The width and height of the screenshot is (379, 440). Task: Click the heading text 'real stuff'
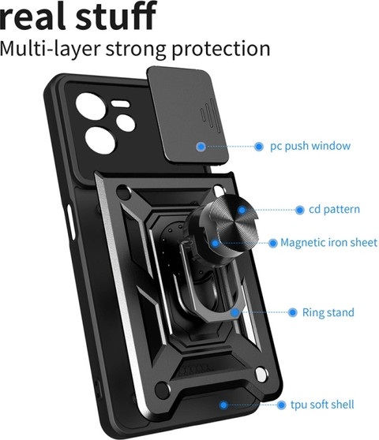(78, 16)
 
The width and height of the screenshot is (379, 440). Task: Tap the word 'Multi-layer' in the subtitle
(50, 49)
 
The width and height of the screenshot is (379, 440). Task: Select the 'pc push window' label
(310, 146)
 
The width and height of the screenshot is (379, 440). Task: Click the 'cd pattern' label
(334, 209)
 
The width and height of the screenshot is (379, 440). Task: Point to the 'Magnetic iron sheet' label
(328, 242)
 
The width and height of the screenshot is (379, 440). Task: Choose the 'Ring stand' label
(328, 312)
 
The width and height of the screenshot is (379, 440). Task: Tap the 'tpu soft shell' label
(322, 405)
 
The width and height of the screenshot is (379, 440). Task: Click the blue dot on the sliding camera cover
(201, 146)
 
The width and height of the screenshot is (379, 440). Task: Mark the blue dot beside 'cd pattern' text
(300, 210)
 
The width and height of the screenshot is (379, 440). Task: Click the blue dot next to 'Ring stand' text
(293, 312)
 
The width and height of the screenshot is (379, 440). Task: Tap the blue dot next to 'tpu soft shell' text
(281, 405)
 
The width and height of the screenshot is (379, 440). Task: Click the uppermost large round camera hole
(91, 106)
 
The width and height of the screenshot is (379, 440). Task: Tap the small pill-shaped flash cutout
(120, 103)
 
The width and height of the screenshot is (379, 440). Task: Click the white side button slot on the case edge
(71, 222)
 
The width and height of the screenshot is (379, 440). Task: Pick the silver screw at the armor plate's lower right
(261, 375)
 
